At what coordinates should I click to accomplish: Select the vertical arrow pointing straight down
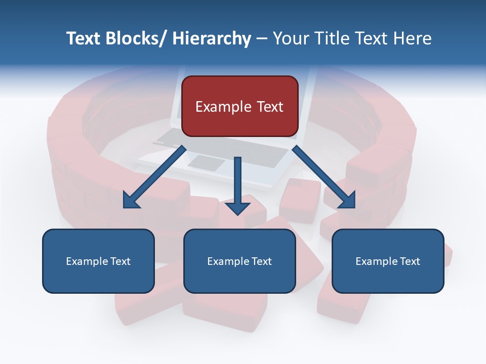(x=238, y=182)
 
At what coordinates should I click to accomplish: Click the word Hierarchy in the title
(x=212, y=38)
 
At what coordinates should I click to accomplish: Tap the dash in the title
(x=261, y=38)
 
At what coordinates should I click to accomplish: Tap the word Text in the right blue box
(x=409, y=261)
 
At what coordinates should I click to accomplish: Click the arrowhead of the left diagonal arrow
(x=131, y=201)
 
